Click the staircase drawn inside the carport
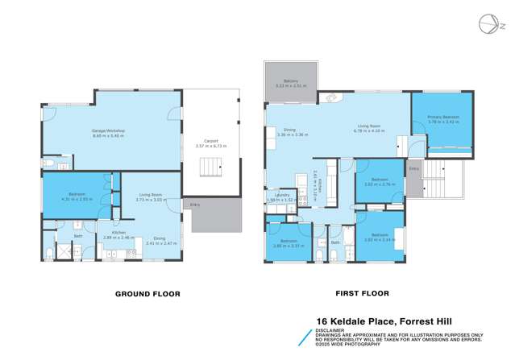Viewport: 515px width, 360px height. [x=211, y=168]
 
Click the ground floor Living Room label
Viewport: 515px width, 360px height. [x=151, y=195]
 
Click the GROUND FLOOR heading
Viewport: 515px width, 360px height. [x=147, y=293]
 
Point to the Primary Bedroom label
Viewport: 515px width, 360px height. [x=443, y=118]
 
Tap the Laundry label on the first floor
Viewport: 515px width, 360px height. [x=281, y=195]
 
